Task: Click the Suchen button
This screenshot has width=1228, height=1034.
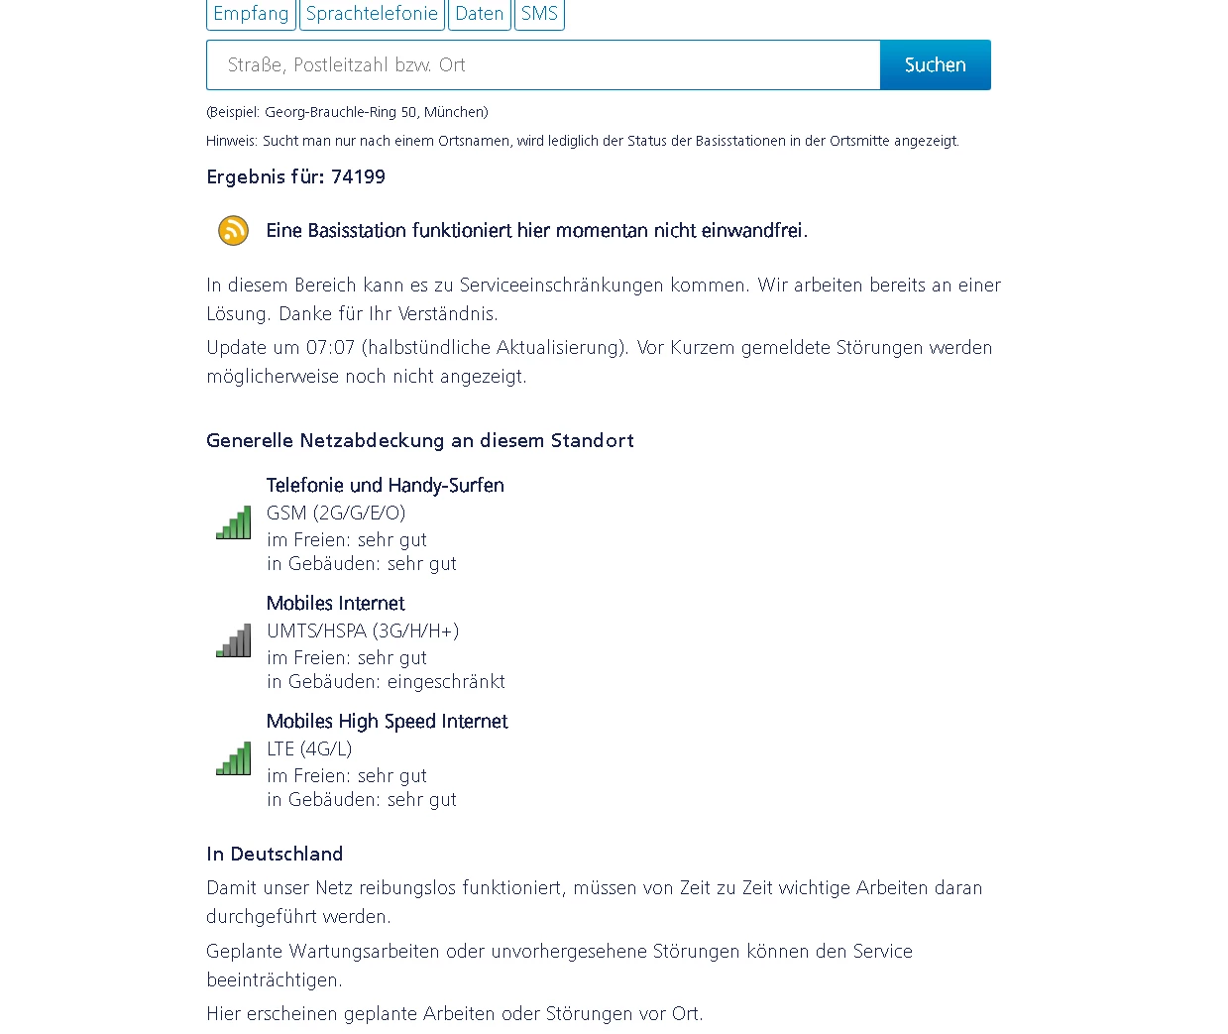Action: [x=935, y=65]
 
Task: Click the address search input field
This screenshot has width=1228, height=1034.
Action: [x=543, y=65]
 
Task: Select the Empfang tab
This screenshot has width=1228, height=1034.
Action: [x=251, y=14]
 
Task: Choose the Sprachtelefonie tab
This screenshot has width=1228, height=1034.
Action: [x=372, y=14]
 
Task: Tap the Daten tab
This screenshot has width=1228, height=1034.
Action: [x=480, y=14]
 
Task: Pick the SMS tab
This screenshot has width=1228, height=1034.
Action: [x=539, y=14]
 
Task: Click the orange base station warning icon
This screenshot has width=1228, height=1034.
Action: [x=234, y=231]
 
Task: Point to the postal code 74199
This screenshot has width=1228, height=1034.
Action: [x=358, y=177]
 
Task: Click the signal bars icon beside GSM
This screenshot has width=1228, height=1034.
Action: [x=234, y=523]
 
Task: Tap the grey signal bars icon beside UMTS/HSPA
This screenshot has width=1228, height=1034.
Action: [x=234, y=641]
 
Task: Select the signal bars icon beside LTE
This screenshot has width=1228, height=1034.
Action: [x=234, y=759]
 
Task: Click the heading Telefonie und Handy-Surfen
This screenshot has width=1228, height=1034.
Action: [x=385, y=486]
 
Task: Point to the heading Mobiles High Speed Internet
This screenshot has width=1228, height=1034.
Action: [x=387, y=722]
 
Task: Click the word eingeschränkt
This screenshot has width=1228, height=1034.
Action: [x=446, y=682]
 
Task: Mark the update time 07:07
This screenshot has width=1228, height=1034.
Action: [x=330, y=348]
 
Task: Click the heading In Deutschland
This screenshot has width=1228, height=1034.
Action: [x=275, y=855]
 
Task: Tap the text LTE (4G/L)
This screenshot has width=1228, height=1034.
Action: [x=309, y=749]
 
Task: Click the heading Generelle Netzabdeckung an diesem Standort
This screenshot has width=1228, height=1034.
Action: [x=420, y=441]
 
